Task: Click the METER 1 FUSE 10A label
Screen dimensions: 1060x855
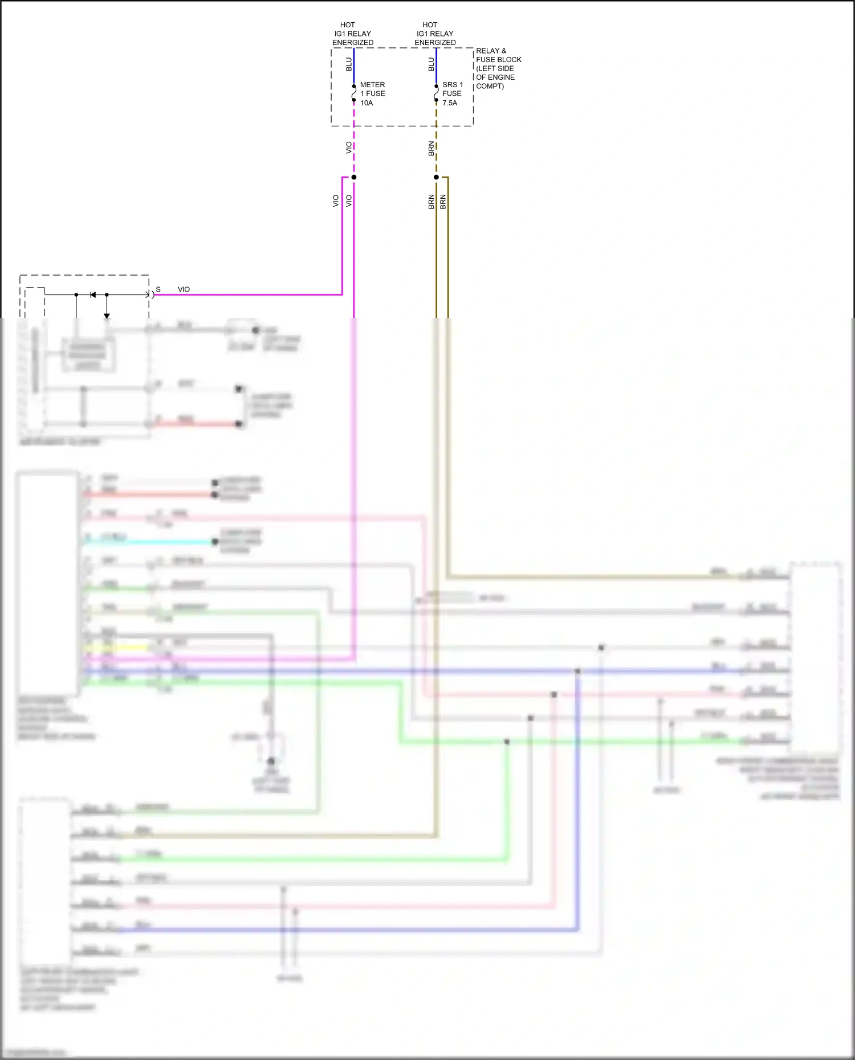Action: tap(372, 93)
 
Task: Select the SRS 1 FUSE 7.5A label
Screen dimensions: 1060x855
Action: tap(452, 93)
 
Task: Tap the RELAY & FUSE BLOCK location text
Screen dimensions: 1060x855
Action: tap(498, 68)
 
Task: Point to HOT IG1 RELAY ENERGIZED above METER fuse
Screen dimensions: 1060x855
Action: tap(352, 34)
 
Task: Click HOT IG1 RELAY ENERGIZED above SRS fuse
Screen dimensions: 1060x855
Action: tap(435, 34)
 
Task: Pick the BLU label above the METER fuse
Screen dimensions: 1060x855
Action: tap(349, 64)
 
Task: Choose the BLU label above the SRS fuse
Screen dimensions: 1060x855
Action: tap(431, 64)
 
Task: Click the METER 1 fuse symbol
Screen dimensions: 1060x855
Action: tap(354, 93)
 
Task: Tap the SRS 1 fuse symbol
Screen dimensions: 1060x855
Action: tap(437, 93)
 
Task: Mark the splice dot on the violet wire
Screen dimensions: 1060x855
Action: tap(354, 177)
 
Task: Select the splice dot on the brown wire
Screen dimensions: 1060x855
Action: tap(437, 177)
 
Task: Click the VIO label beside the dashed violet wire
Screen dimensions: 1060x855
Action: tap(349, 148)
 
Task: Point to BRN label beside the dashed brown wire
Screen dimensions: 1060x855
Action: tap(431, 149)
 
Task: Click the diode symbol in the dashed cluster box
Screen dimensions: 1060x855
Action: tap(93, 294)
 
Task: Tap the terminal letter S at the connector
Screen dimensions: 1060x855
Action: tap(158, 289)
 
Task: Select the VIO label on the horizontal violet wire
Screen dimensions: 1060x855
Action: tap(184, 289)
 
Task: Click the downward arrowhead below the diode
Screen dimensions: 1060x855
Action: tap(107, 316)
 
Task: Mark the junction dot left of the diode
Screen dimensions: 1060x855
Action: tap(76, 294)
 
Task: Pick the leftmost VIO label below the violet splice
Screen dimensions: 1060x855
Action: tap(336, 201)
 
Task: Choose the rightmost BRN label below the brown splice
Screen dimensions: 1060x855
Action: tap(443, 202)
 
